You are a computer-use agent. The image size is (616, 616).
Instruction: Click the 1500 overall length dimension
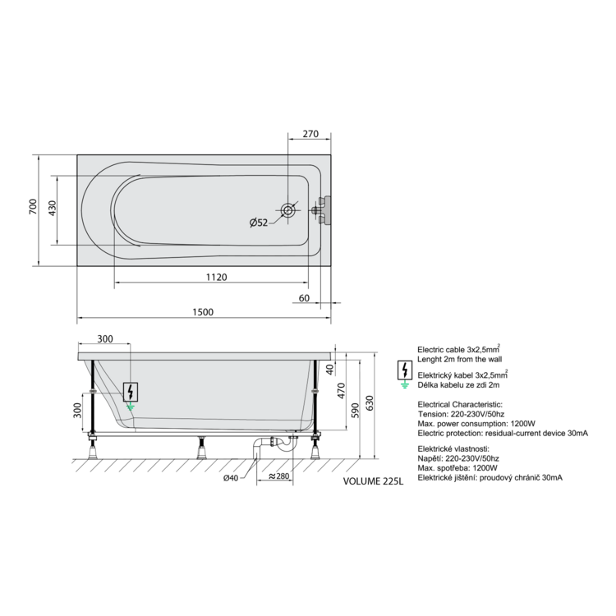click(x=203, y=312)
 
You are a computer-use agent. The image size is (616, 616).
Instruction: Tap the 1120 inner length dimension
click(x=217, y=278)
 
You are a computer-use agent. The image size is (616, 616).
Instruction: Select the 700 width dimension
click(x=33, y=207)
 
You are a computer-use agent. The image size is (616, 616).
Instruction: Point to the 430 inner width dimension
click(x=52, y=209)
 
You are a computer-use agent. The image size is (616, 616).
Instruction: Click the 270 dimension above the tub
click(x=310, y=134)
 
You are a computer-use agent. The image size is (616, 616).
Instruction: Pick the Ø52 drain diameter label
click(x=259, y=223)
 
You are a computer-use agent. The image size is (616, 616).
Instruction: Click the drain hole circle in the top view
click(x=288, y=209)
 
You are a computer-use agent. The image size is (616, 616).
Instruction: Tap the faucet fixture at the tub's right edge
click(x=322, y=210)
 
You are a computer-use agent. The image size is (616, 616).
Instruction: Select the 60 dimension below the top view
click(x=304, y=298)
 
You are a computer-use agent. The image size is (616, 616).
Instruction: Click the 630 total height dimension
click(x=370, y=403)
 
